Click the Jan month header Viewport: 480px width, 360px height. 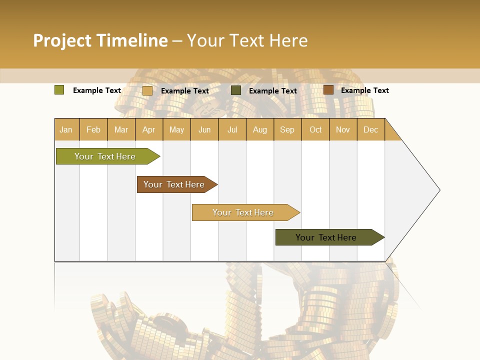tap(66, 129)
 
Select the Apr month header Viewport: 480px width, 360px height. tap(149, 129)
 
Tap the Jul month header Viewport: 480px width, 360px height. tap(232, 129)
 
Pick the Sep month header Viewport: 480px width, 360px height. tap(287, 129)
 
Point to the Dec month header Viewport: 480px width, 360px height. tap(371, 129)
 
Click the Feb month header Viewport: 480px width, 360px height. tap(93, 129)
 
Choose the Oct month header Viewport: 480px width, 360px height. tap(315, 129)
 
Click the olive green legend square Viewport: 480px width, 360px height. tap(59, 90)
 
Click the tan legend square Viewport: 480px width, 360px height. tap(147, 90)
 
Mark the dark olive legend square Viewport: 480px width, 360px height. tap(236, 90)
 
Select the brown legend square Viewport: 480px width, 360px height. tap(328, 90)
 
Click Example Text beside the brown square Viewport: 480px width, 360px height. tap(364, 90)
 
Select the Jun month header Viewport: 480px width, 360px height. tap(204, 129)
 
